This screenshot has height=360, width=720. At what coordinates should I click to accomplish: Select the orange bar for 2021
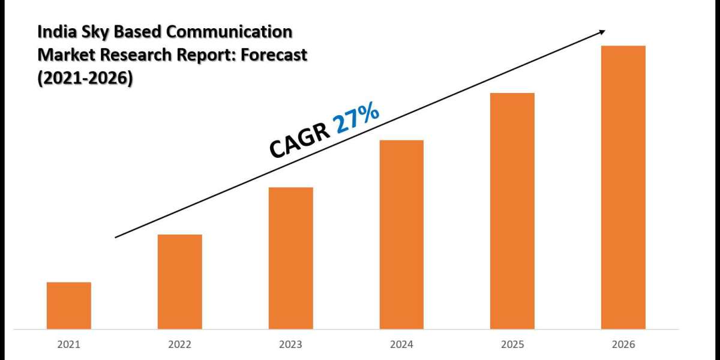(69, 305)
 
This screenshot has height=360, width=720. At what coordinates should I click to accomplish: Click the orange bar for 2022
(180, 281)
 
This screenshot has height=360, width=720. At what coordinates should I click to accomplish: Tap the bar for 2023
(291, 258)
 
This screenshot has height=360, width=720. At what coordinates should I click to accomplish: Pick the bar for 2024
(401, 235)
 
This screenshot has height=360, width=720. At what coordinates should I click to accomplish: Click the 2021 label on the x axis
(69, 345)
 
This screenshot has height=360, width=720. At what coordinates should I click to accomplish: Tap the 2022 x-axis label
(180, 345)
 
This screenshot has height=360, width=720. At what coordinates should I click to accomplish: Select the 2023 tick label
(291, 345)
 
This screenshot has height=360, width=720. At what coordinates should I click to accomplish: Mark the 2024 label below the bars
(401, 345)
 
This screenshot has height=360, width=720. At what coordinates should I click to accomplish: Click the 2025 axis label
(512, 345)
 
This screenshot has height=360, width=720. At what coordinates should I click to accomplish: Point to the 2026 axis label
(623, 345)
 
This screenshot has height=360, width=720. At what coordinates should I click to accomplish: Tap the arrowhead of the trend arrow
(602, 32)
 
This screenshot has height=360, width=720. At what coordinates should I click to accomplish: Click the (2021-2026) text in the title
(85, 78)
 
